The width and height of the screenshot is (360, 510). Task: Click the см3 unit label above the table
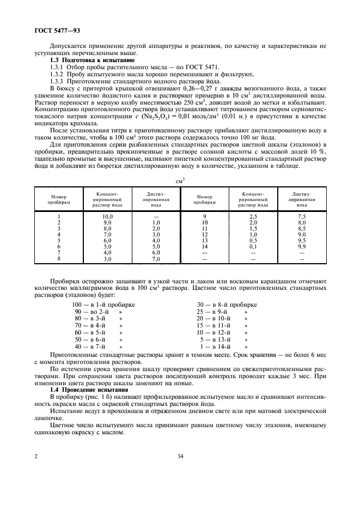[180, 180]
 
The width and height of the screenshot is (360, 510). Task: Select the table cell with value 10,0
[107, 216]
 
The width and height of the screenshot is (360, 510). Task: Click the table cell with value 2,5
[253, 216]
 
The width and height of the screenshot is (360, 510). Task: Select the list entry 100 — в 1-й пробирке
[103, 304]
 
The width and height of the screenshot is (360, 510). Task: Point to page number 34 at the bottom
[180, 457]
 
